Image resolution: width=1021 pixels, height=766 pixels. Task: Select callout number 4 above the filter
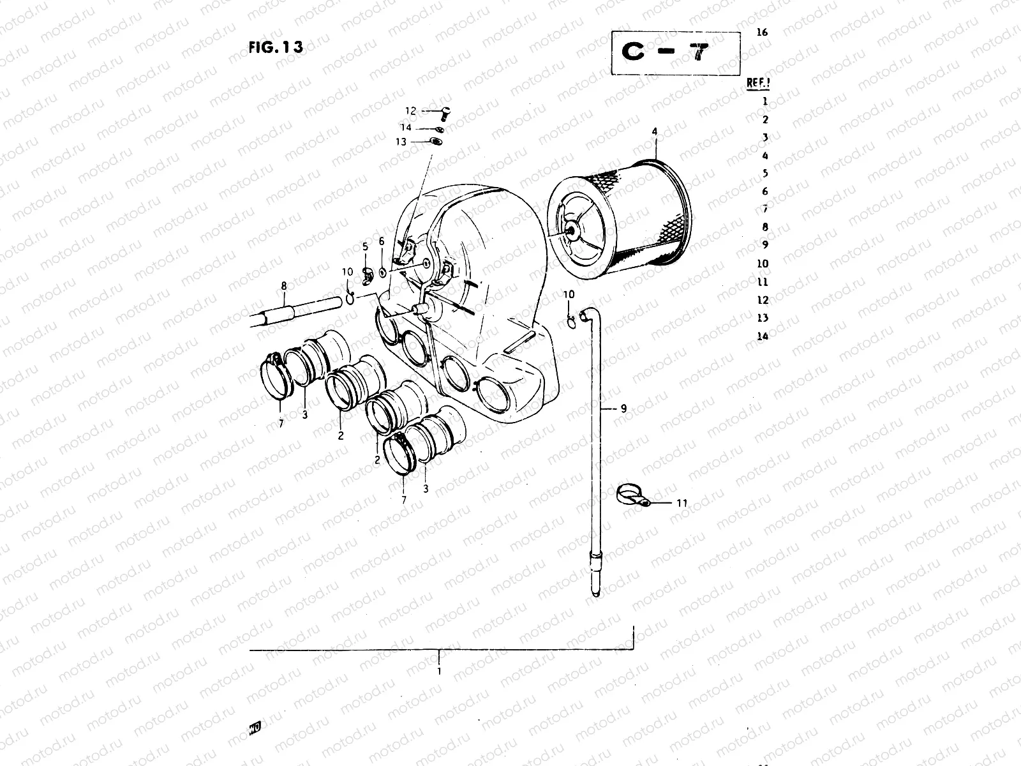click(654, 132)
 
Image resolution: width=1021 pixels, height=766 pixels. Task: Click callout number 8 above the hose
click(285, 288)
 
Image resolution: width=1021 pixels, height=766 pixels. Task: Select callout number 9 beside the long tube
click(623, 409)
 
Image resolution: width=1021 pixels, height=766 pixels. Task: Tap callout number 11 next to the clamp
click(682, 503)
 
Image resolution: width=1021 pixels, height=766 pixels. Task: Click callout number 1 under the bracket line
click(439, 671)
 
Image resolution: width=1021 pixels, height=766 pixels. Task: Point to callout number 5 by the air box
click(365, 246)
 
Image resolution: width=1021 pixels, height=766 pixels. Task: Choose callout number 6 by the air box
click(382, 241)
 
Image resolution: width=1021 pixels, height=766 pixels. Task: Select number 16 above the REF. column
click(761, 33)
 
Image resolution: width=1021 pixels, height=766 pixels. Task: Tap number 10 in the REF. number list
click(763, 264)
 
